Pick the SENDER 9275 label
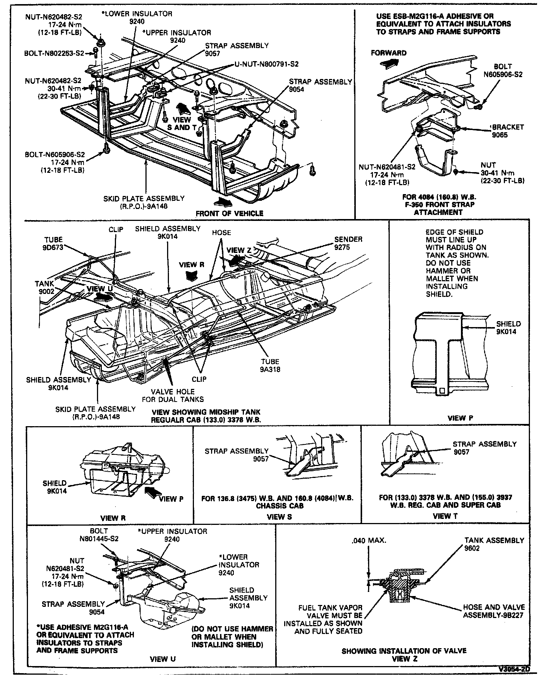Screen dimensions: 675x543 (x=348, y=243)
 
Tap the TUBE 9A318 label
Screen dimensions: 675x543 (x=270, y=365)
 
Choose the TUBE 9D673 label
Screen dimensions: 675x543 (x=53, y=243)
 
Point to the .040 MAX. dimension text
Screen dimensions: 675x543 (x=369, y=540)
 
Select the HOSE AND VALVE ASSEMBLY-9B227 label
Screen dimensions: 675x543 (x=494, y=611)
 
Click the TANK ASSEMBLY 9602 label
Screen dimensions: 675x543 (x=494, y=544)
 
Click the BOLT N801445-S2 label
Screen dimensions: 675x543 (x=99, y=535)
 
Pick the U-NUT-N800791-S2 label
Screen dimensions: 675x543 (x=267, y=64)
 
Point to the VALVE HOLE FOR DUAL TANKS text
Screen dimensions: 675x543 (x=173, y=396)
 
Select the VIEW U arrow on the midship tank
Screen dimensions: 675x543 (x=104, y=297)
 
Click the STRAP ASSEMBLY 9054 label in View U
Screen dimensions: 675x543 (x=73, y=608)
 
